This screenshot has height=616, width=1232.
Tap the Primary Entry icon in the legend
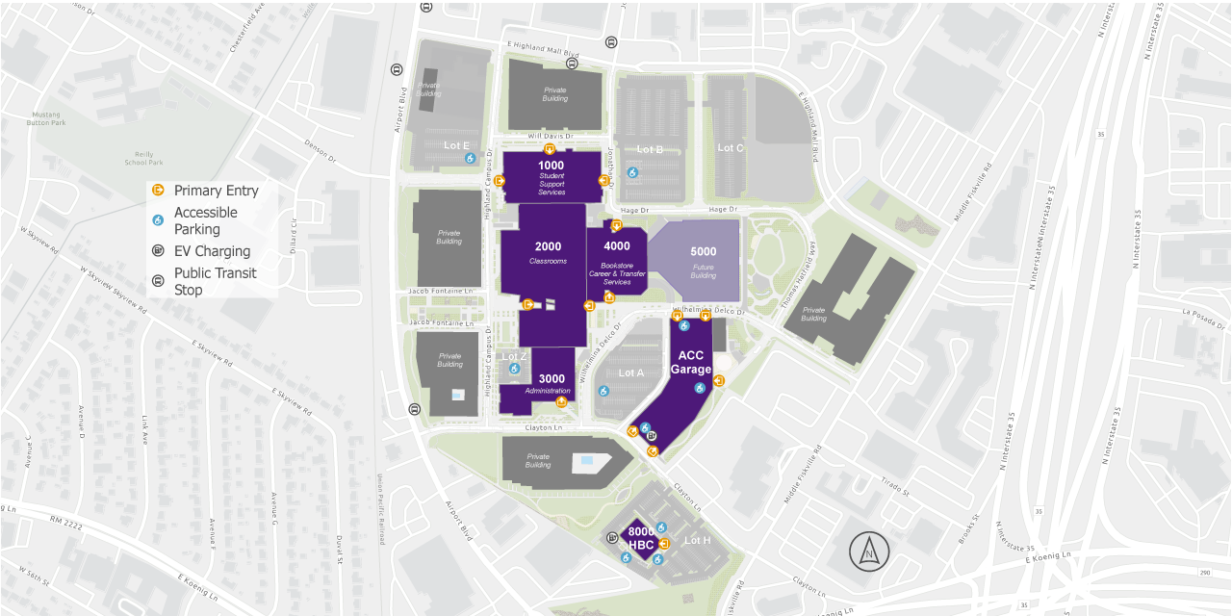160,191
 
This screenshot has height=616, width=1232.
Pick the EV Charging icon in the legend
160,251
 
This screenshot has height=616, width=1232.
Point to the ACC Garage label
691,363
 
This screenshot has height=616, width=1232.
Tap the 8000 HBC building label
641,538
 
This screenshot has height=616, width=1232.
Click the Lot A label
631,372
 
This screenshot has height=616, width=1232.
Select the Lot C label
731,148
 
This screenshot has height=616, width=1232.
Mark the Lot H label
697,541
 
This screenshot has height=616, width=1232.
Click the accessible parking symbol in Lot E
470,159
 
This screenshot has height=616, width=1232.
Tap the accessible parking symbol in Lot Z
514,368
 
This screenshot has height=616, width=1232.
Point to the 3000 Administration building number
552,379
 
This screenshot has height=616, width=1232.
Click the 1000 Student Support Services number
551,166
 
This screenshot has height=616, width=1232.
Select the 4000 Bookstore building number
617,246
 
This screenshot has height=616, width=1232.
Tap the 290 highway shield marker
1205,573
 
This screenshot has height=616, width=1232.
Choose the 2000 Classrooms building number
548,247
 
